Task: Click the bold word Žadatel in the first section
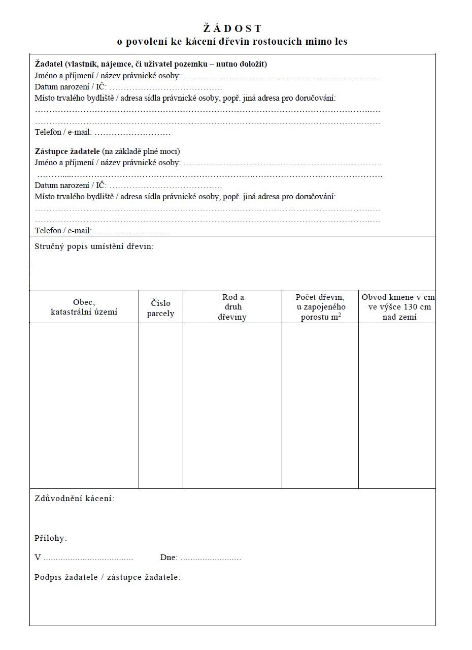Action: [x=49, y=64]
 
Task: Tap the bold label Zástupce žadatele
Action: [x=68, y=151]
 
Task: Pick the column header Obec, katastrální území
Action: [x=84, y=307]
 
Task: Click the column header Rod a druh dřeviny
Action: [x=232, y=307]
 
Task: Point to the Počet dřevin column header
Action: [x=320, y=307]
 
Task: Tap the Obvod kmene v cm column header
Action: [x=398, y=307]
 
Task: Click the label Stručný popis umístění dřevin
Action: [x=94, y=247]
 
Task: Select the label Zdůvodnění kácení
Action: [x=74, y=498]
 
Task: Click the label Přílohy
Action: [x=51, y=538]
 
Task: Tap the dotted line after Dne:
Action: [x=211, y=558]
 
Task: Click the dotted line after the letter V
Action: [x=88, y=558]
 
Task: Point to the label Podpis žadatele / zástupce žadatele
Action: [x=108, y=577]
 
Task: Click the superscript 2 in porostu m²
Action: [x=339, y=314]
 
